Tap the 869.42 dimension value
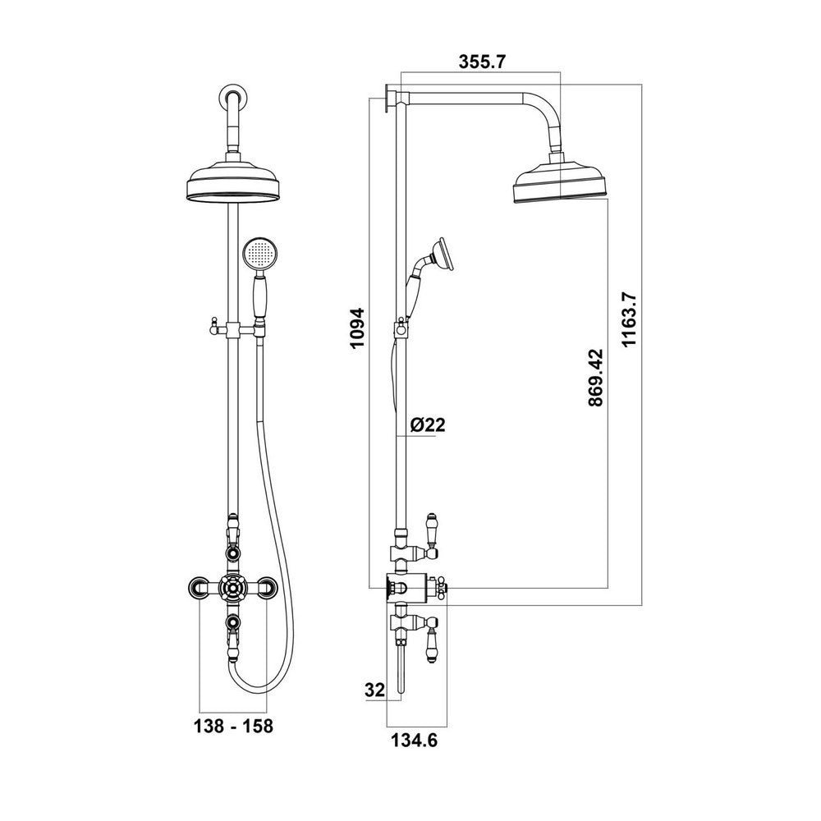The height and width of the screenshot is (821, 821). (594, 377)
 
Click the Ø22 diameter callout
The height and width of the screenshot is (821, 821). (426, 424)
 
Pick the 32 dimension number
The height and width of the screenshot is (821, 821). (374, 690)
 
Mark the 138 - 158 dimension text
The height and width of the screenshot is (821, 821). (233, 727)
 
